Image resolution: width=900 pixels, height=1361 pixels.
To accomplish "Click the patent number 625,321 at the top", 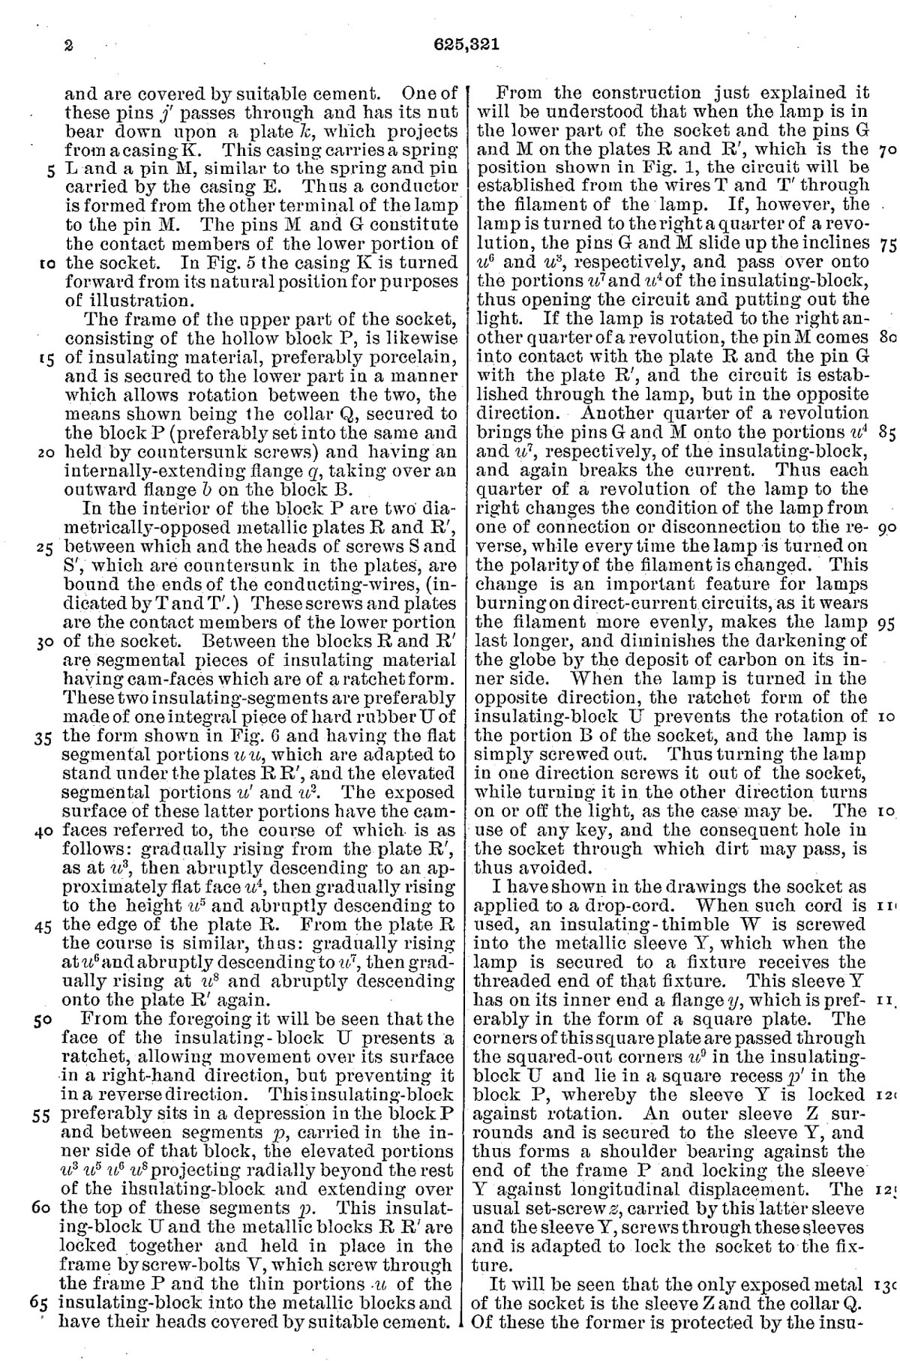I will coord(466,44).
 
